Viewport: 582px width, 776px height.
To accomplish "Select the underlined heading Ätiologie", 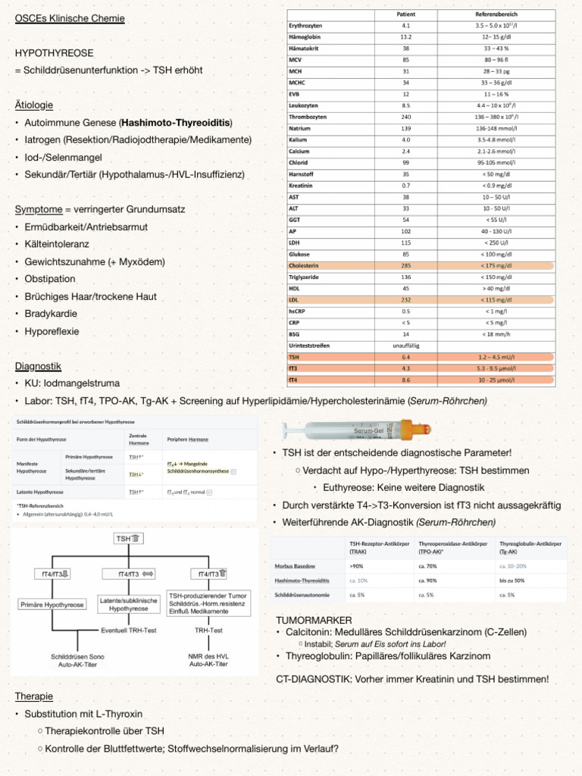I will click(34, 105).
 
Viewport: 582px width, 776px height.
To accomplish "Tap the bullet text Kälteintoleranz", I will click(58, 244).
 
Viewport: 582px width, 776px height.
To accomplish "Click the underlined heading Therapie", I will click(35, 696).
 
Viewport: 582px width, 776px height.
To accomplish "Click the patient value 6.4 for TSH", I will click(405, 356).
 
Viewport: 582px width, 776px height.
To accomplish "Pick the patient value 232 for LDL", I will click(405, 300).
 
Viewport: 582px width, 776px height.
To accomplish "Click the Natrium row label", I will click(299, 129).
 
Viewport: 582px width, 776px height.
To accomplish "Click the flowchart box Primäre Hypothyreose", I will click(55, 605).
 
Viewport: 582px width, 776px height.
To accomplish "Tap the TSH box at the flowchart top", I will click(127, 538).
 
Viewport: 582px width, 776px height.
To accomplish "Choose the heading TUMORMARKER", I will click(314, 620).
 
